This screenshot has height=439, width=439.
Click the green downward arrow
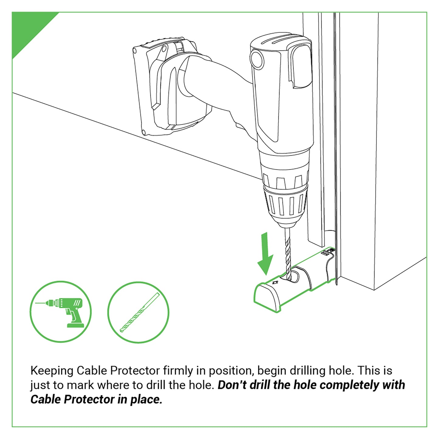click(265, 254)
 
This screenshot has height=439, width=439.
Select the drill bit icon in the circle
click(139, 312)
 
